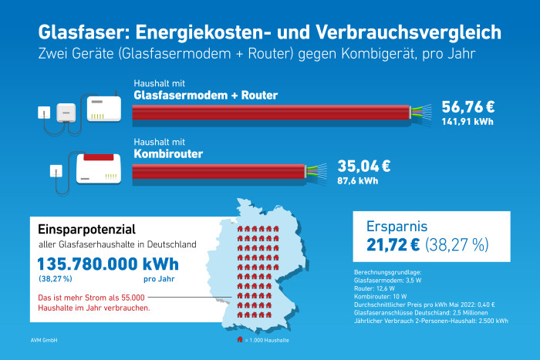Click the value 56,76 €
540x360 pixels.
click(468, 106)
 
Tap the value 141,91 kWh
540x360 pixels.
click(467, 122)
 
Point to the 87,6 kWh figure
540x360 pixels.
click(357, 182)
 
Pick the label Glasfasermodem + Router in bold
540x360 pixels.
click(205, 95)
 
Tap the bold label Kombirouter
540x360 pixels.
click(168, 154)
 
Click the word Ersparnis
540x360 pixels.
click(397, 227)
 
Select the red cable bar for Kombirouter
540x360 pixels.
click(220, 172)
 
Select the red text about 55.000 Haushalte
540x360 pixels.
click(94, 301)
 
